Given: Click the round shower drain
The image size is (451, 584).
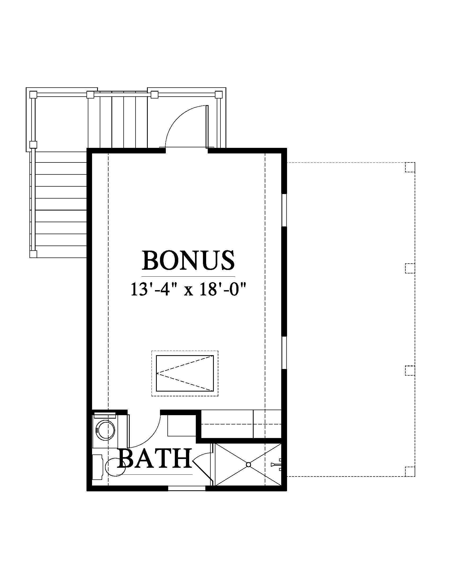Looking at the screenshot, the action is (248, 465).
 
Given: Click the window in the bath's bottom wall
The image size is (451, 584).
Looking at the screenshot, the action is (187, 488).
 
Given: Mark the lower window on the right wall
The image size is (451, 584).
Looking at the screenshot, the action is (284, 353).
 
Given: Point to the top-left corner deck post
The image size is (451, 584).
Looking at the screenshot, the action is (33, 95).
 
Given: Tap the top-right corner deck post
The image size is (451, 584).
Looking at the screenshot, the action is (219, 95).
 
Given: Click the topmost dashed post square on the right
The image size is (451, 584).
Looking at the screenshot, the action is (410, 167).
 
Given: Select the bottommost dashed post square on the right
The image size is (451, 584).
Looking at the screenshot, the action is (410, 471).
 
